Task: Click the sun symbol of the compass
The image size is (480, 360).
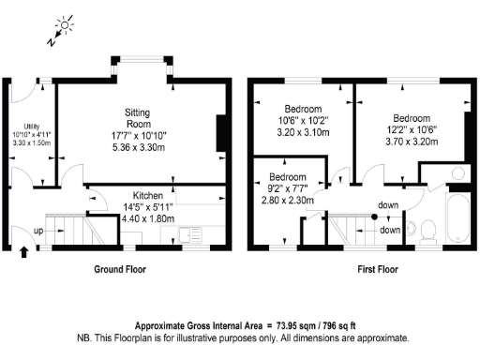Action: tap(65, 25)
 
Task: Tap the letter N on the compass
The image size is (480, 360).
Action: tap(52, 41)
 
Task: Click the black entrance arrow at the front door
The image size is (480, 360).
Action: tap(24, 252)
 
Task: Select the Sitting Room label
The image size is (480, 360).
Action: tap(138, 118)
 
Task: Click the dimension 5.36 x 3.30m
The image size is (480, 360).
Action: tap(139, 147)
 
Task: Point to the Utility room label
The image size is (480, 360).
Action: tap(32, 127)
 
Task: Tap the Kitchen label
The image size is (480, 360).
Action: tap(148, 196)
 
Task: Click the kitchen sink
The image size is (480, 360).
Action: tap(189, 235)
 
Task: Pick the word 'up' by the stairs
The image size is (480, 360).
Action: tap(38, 232)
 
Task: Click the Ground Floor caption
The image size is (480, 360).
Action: tap(120, 269)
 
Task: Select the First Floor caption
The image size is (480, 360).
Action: tap(378, 269)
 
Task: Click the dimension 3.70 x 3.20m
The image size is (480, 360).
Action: tap(412, 142)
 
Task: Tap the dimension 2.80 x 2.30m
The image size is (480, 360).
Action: tap(288, 200)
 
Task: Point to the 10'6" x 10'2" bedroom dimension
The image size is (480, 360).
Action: tap(303, 121)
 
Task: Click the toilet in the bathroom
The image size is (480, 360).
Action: tap(428, 232)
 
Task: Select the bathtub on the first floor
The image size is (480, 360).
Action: tap(457, 218)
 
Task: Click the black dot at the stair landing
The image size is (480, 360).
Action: tap(374, 217)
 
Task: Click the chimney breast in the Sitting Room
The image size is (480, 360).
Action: tap(221, 133)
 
